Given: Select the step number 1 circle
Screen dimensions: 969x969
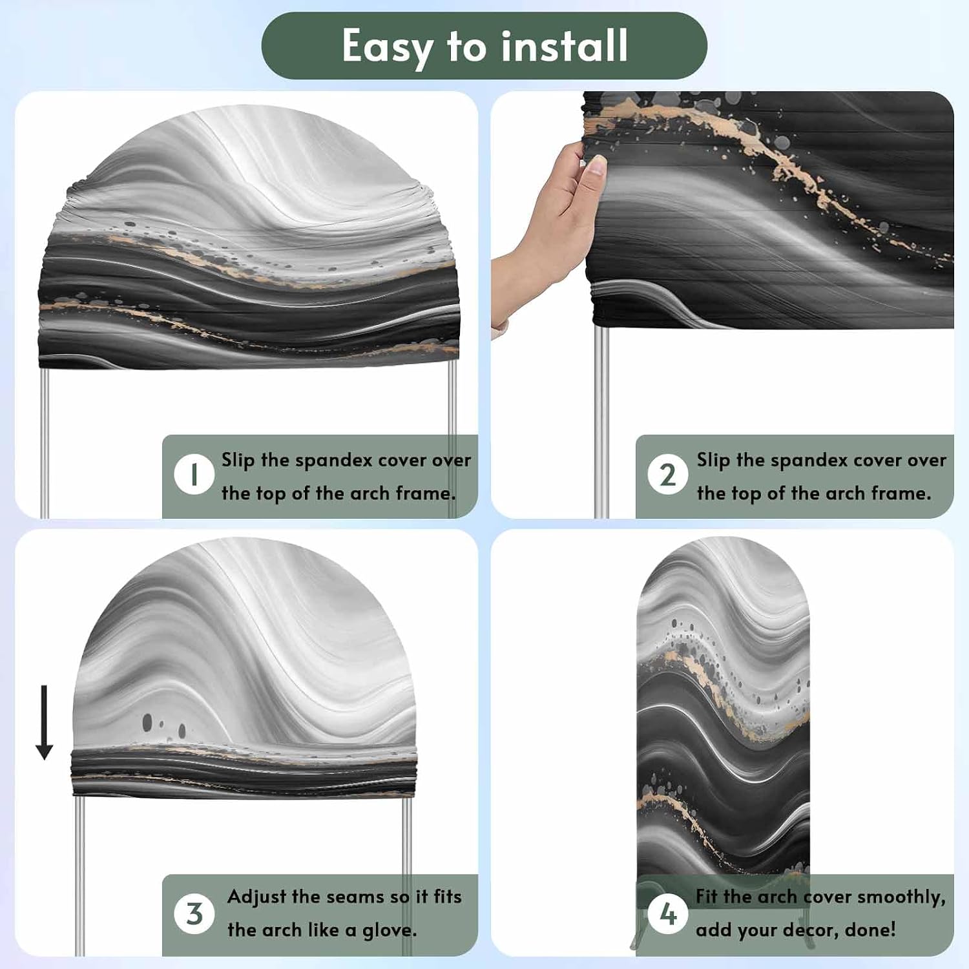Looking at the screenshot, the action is [x=194, y=475].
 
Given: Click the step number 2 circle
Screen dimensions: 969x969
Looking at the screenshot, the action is [x=667, y=475].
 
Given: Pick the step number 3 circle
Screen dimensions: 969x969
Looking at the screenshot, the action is [x=194, y=914].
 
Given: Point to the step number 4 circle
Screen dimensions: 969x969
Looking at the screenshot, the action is [x=667, y=914].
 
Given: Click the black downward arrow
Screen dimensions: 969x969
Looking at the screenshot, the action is [x=44, y=722].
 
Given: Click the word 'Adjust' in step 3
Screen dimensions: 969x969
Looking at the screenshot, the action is [x=256, y=898].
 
